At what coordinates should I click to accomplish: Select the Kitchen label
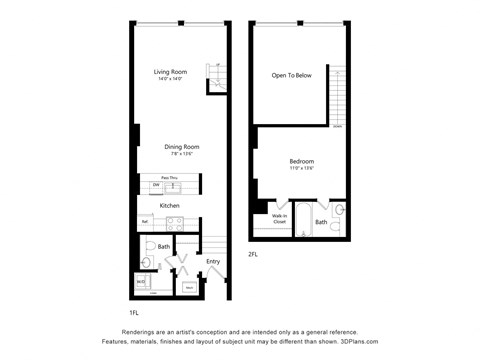169,206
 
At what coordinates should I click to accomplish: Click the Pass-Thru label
170,176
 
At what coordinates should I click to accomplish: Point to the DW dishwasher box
155,186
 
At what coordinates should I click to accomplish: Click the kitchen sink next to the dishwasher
173,186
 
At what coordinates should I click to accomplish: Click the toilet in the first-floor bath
147,261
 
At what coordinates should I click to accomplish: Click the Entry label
212,262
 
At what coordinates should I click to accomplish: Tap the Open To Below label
293,75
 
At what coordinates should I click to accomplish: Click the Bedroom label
301,161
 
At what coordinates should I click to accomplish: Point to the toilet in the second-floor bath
339,210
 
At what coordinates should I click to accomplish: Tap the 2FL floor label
253,253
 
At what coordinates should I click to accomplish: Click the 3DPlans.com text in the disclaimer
362,340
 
